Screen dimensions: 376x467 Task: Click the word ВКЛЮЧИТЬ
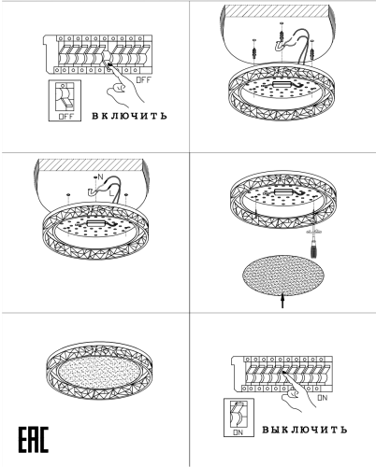(129, 116)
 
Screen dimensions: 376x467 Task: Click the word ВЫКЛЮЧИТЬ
(304, 430)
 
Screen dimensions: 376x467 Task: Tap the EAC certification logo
(33, 440)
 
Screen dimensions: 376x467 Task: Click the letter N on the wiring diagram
(100, 177)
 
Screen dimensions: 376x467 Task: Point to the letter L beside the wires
(111, 193)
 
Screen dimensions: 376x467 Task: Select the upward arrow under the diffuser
(282, 301)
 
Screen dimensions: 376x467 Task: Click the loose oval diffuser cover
(283, 276)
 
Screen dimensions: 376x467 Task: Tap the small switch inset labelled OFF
(65, 101)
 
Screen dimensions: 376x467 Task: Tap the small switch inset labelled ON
(239, 417)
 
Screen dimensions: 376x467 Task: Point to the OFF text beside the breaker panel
(143, 80)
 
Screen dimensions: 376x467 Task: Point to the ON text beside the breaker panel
(323, 398)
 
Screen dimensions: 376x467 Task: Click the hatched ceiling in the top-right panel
(277, 12)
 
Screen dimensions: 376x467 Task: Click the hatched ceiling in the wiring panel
(91, 164)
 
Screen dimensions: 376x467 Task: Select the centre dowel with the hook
(282, 36)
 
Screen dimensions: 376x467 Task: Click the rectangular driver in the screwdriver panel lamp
(283, 191)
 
